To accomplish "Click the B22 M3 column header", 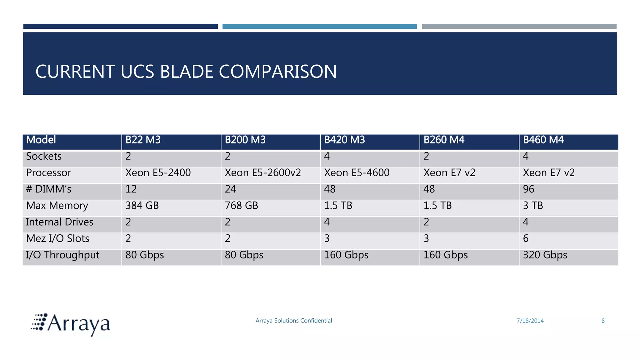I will pyautogui.click(x=143, y=140).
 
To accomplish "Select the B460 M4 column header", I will pyautogui.click(x=543, y=140).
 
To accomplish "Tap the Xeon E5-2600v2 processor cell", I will pyautogui.click(x=262, y=173).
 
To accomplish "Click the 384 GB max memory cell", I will pyautogui.click(x=142, y=206).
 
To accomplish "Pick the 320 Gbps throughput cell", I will pyautogui.click(x=545, y=255).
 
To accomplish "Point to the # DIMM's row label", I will pyautogui.click(x=49, y=189).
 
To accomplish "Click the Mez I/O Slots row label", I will pyautogui.click(x=58, y=239).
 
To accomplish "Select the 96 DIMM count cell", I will pyautogui.click(x=529, y=189).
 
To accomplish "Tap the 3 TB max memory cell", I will pyautogui.click(x=533, y=206).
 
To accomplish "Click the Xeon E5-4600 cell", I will pyautogui.click(x=357, y=173).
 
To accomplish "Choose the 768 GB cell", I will pyautogui.click(x=242, y=206).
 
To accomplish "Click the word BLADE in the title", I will pyautogui.click(x=186, y=72).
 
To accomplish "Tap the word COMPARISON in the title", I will pyautogui.click(x=278, y=72).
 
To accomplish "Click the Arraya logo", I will pyautogui.click(x=71, y=324).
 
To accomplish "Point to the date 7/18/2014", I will pyautogui.click(x=530, y=321).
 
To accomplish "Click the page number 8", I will pyautogui.click(x=603, y=321).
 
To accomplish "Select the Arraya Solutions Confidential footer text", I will pyautogui.click(x=294, y=321).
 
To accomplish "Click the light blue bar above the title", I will pyautogui.click(x=319, y=27).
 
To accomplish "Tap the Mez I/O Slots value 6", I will pyautogui.click(x=526, y=239).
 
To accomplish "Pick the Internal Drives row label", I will pyautogui.click(x=59, y=222).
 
